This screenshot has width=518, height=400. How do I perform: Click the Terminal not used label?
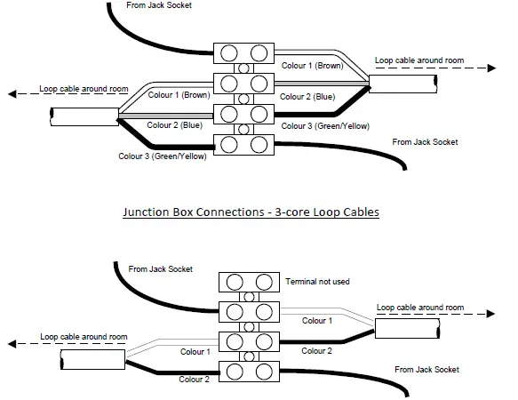pos(317,281)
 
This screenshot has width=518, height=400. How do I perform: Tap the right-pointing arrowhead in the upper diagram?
pos(493,68)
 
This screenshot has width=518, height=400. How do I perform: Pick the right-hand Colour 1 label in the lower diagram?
pos(317,321)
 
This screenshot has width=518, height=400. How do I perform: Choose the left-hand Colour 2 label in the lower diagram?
pos(194,380)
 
